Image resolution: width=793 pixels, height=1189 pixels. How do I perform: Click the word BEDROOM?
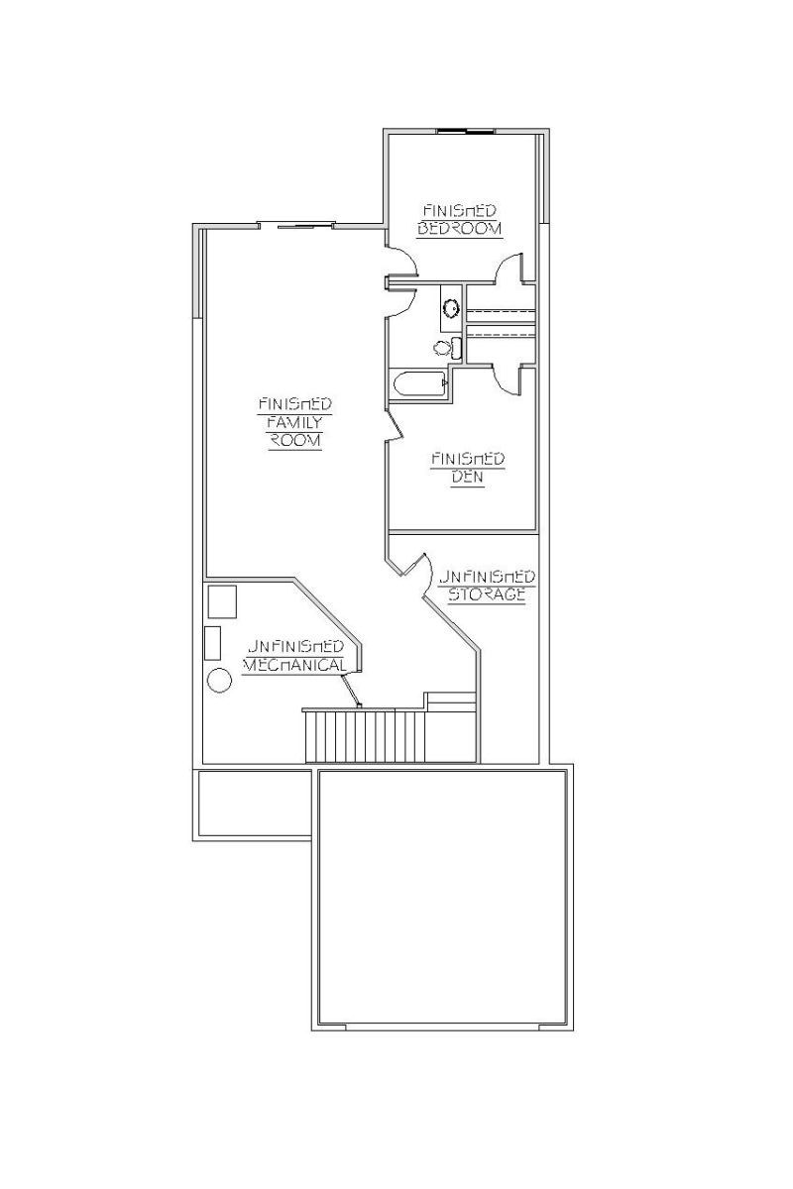click(x=459, y=229)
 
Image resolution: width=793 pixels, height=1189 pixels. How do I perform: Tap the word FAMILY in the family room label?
click(x=294, y=422)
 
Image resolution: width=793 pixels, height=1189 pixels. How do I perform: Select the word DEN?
click(x=468, y=478)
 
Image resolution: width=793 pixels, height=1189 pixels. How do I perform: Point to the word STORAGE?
click(x=487, y=594)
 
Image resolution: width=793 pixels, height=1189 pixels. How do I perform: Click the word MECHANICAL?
click(x=294, y=665)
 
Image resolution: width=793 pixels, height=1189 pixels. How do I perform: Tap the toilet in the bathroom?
click(x=448, y=348)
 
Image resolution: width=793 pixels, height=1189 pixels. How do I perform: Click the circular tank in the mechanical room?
click(x=219, y=681)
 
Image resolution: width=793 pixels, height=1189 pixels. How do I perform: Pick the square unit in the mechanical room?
click(x=222, y=601)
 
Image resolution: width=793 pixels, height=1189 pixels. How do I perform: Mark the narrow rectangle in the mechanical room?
click(x=213, y=643)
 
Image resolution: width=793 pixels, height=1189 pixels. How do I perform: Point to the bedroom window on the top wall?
click(x=466, y=131)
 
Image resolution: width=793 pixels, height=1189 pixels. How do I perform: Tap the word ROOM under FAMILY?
click(x=295, y=441)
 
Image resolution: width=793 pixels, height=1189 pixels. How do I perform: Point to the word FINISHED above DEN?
click(x=468, y=459)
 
